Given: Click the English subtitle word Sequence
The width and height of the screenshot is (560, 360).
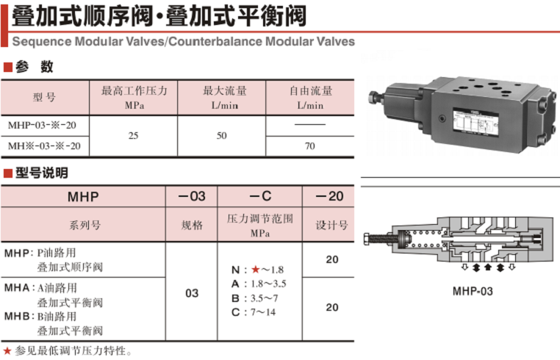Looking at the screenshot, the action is tap(42, 41).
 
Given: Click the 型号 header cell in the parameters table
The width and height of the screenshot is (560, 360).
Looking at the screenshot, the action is tap(44, 97).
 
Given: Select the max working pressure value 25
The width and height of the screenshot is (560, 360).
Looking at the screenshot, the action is tap(133, 136).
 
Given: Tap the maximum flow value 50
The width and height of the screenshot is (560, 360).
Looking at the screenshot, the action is tap(221, 136).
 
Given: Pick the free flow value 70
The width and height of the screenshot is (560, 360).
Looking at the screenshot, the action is tap(309, 145).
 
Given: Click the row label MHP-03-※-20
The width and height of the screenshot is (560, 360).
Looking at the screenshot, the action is tap(42, 126).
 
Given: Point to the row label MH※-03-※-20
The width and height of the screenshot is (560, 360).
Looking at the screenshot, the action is tap(44, 145).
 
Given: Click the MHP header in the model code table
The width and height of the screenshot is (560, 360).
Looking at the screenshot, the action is tap(83, 196).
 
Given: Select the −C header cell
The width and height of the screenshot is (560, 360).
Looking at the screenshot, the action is tap(260, 196).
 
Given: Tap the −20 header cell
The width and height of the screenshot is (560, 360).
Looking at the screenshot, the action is tap(329, 196).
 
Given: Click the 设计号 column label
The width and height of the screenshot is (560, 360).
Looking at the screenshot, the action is tap(331, 225).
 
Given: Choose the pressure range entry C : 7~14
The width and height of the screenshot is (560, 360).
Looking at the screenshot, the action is tap(254, 312).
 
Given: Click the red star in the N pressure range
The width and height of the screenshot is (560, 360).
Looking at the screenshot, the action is tap(255, 270).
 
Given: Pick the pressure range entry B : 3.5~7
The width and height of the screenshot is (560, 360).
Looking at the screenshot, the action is tap(254, 298).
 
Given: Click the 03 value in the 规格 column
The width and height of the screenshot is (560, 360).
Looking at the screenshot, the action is tap(192, 293).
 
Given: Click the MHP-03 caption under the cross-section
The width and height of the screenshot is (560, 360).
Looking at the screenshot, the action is tap(473, 292).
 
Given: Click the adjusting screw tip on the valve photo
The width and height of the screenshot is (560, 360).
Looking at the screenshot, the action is tap(374, 96).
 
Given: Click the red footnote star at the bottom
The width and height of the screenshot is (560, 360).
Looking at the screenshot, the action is tap(7, 350).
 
